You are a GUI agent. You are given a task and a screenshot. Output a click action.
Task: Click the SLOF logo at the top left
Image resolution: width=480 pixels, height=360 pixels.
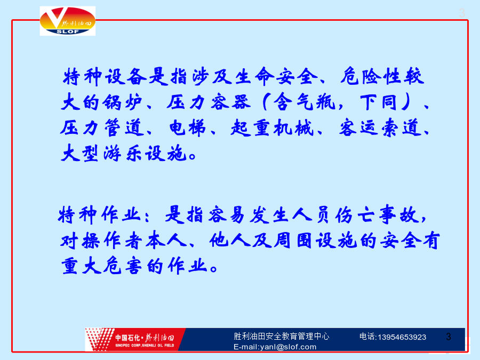pyautogui.click(x=68, y=21)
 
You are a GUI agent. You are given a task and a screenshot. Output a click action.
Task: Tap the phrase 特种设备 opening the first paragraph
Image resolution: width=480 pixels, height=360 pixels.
pyautogui.click(x=105, y=76)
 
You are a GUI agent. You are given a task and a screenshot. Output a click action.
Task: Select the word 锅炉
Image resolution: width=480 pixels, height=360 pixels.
pyautogui.click(x=122, y=102)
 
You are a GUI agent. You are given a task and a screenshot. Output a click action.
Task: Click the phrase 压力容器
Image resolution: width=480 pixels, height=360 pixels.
pyautogui.click(x=209, y=102)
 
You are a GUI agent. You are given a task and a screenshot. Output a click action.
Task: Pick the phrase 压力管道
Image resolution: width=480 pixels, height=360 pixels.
pyautogui.click(x=102, y=127)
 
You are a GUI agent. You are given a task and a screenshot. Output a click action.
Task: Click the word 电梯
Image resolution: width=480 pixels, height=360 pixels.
pyautogui.click(x=187, y=127)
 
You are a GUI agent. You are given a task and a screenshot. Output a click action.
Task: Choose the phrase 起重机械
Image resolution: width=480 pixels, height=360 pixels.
pyautogui.click(x=272, y=127)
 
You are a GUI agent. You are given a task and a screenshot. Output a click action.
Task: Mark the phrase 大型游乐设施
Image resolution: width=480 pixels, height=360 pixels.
pyautogui.click(x=124, y=153)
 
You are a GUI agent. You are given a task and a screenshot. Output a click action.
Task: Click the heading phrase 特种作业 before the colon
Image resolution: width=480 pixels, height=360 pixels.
pyautogui.click(x=99, y=214)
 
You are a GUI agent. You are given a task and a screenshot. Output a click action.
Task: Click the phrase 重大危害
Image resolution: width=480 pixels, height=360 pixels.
pyautogui.click(x=101, y=266)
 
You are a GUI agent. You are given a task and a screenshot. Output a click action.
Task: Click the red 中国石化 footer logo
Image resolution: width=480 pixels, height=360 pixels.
pyautogui.click(x=135, y=340)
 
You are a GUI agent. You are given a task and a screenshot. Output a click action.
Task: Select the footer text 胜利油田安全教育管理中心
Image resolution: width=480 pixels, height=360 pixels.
pyautogui.click(x=281, y=337)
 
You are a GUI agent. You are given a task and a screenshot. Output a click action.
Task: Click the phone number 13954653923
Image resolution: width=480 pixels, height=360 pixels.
pyautogui.click(x=402, y=337)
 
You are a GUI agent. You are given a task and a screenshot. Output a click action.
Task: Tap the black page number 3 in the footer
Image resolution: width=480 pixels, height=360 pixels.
pyautogui.click(x=449, y=337)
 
